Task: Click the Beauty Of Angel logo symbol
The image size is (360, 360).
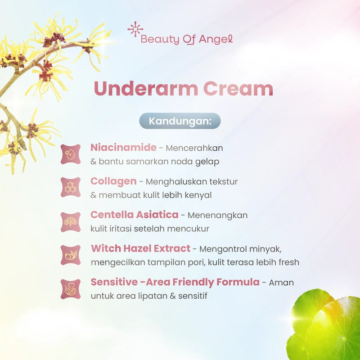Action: coord(135,29)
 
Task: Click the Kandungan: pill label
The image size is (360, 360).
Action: coord(180,121)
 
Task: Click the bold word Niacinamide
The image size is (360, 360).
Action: coord(123,148)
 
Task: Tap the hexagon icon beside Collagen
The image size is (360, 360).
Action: coord(71,187)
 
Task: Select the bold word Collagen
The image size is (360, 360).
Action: coord(113,181)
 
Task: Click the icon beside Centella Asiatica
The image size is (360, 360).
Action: coord(71,221)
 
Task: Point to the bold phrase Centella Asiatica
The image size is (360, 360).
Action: coord(134,215)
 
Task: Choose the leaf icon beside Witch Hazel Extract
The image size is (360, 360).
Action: coord(71,255)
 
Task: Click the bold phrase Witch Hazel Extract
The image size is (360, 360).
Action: coord(141,249)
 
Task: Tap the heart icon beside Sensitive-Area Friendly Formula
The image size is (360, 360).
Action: coord(71,289)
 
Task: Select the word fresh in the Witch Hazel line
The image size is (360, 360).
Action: coord(288,262)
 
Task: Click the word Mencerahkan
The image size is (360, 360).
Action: coord(194,148)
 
